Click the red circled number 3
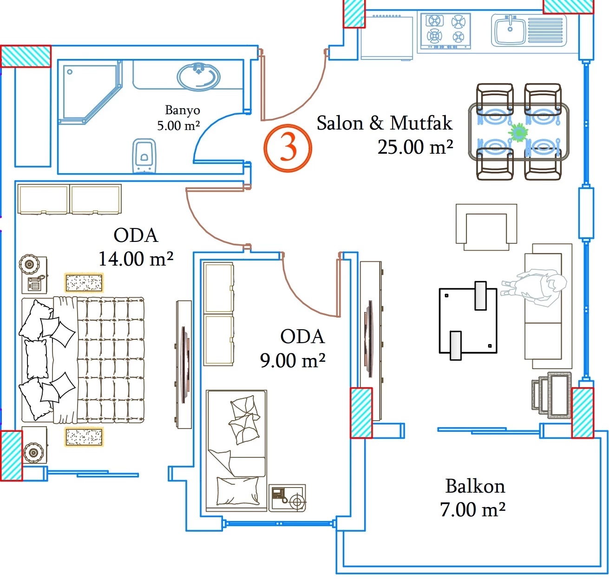[x=288, y=148]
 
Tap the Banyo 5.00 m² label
[x=180, y=118]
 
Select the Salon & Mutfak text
[x=384, y=124]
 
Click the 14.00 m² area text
[x=136, y=259]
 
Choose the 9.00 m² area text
[x=292, y=360]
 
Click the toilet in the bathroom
[x=144, y=156]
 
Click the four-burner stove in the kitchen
[x=445, y=31]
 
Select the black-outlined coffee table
[x=468, y=320]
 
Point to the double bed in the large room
[x=83, y=360]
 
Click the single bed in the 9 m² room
[x=236, y=449]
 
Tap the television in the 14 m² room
[x=184, y=364]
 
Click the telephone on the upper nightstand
[x=35, y=283]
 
